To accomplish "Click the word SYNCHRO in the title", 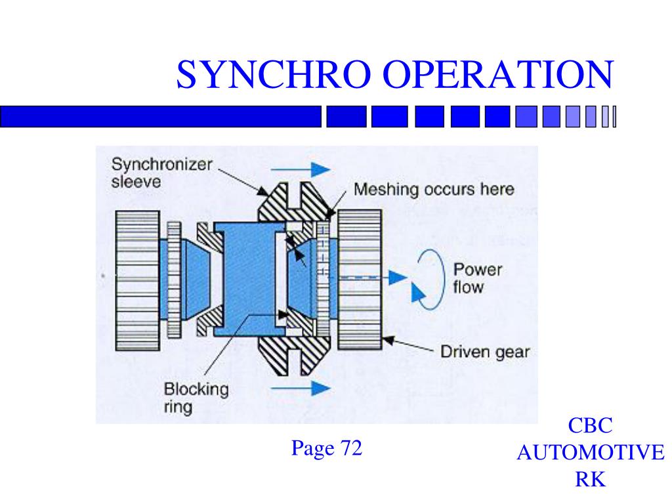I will click(276, 74).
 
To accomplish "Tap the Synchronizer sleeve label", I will click(161, 173).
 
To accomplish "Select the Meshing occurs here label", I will click(434, 190).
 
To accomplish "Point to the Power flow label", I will click(478, 278).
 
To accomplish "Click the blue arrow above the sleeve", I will click(299, 169).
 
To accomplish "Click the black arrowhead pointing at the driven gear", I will click(388, 340).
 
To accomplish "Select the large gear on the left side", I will click(136, 280).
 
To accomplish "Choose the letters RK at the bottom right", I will click(590, 480).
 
